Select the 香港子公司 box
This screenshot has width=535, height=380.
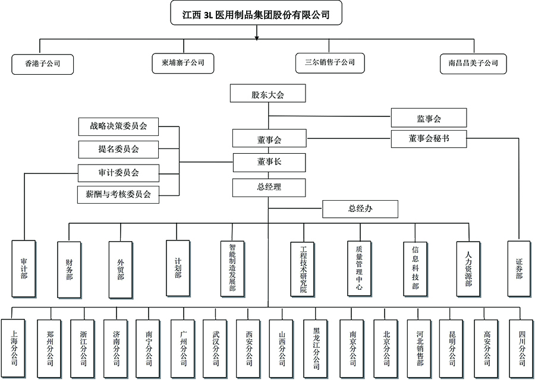[x=42, y=63]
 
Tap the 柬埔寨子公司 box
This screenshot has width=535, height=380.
[x=183, y=62]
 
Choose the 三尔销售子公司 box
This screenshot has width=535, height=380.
[x=330, y=62]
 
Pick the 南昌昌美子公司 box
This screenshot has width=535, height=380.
[x=473, y=63]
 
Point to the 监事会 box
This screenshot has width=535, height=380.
[x=429, y=119]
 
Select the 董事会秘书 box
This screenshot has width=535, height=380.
[x=429, y=138]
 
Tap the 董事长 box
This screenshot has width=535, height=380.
[x=269, y=161]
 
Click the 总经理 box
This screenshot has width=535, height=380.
[x=269, y=187]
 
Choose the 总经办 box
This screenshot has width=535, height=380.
[x=360, y=209]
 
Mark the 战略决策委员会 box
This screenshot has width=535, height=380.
[x=119, y=126]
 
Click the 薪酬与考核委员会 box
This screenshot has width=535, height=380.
[x=119, y=194]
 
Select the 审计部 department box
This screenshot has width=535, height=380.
[x=24, y=268]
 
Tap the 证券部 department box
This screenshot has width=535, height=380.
[x=520, y=268]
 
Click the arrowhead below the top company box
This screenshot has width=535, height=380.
[x=256, y=37]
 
